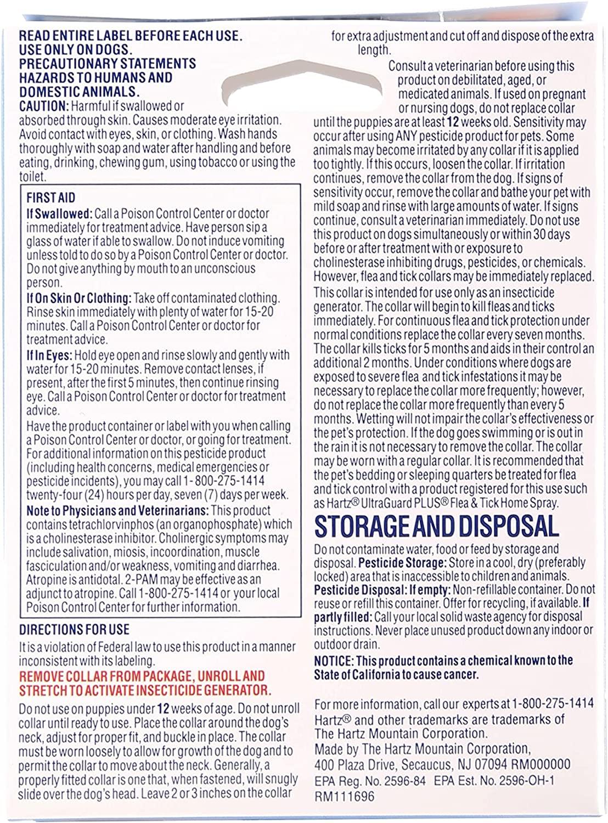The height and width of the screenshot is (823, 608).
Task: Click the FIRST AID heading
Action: (51, 198)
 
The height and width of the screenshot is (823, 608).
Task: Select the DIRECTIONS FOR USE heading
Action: (74, 629)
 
